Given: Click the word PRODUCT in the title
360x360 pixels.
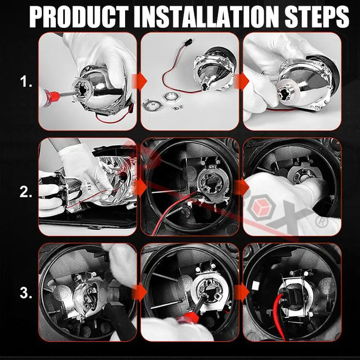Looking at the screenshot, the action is [x=79, y=17].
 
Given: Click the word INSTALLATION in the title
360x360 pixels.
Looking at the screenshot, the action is [x=206, y=17].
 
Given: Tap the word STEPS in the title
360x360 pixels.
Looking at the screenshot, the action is [x=317, y=17].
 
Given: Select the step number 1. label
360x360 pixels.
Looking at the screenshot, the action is [x=26, y=81].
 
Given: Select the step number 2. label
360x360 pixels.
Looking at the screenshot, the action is [x=26, y=192].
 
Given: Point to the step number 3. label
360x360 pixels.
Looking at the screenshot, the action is [x=26, y=293].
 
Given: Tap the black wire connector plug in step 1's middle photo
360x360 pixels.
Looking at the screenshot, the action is [x=187, y=42].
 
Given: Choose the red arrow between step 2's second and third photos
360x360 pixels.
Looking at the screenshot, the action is [x=242, y=186].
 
